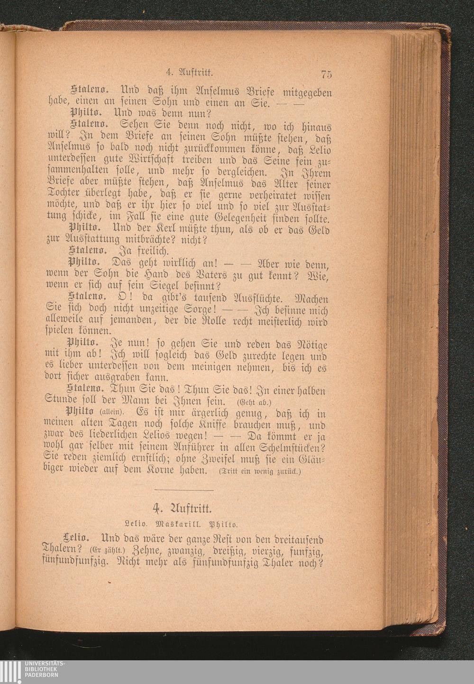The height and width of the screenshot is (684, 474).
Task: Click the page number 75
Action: (x=326, y=74)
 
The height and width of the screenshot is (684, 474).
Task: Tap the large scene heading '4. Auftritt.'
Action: (x=185, y=509)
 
